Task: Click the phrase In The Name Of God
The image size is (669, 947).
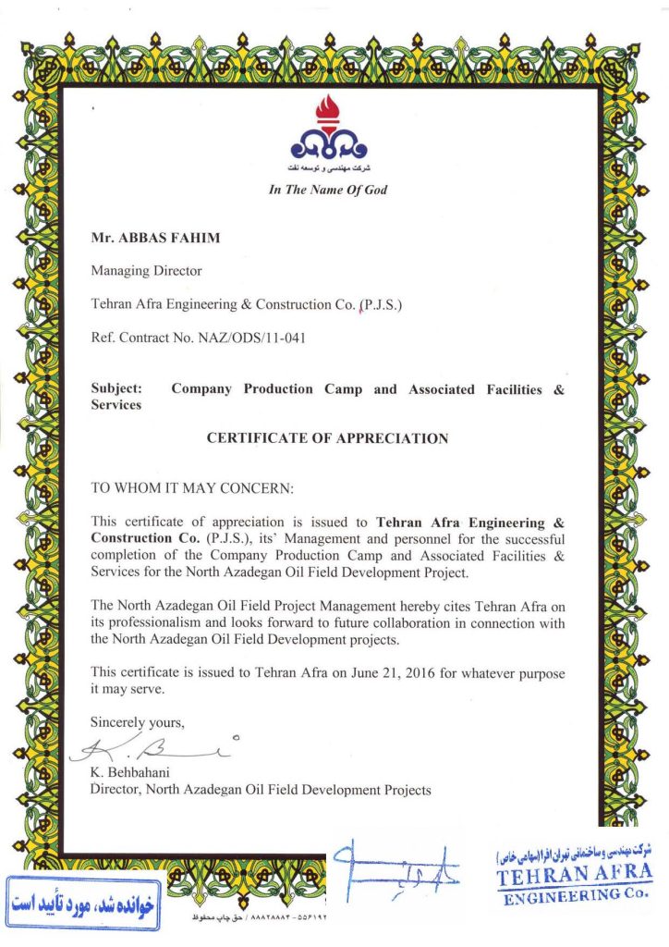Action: (327, 191)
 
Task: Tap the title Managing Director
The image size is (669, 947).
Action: (146, 271)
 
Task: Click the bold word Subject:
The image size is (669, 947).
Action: (116, 389)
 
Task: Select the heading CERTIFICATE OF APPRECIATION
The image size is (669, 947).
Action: (327, 438)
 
